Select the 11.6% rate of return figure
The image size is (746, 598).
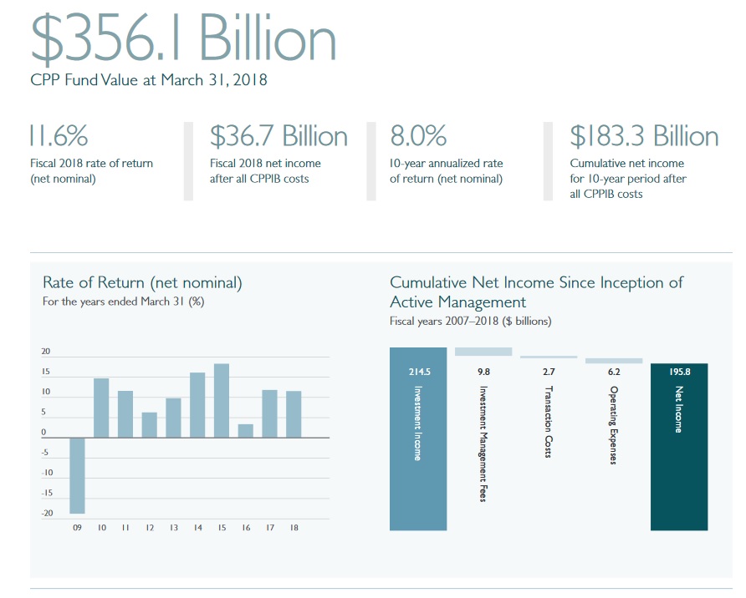tap(58, 135)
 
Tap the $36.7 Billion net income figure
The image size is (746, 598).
tap(278, 135)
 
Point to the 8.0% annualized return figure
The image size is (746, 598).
tap(418, 135)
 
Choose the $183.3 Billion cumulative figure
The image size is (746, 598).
tap(644, 135)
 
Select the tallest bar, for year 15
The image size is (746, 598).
tap(222, 400)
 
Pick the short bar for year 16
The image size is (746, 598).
tap(245, 430)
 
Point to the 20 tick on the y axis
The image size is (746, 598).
tap(47, 352)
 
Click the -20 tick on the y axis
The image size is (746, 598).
tap(47, 513)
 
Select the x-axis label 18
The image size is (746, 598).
tap(294, 528)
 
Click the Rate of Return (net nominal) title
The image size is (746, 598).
tap(142, 283)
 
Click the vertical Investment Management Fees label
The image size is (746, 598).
tap(483, 443)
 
